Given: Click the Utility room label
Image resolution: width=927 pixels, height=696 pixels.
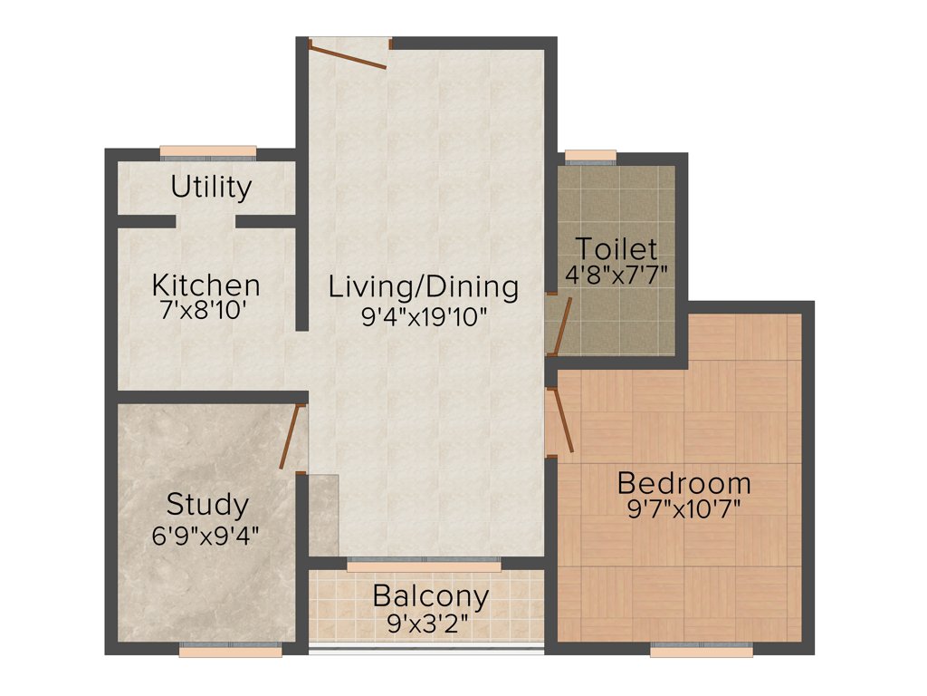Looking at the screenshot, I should coord(211,188).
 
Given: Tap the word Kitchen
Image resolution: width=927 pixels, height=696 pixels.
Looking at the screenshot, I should coord(205,285).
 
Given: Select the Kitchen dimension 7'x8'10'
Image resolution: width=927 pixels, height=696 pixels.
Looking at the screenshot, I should coord(205,311).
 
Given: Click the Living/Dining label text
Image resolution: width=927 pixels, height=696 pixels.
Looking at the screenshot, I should coord(424,287).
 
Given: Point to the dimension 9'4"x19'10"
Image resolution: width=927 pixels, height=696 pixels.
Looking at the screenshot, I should coord(424,316).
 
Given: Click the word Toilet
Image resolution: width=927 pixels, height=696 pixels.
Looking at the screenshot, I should coord(616,247).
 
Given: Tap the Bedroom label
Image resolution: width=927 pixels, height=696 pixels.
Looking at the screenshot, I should coord(683,482).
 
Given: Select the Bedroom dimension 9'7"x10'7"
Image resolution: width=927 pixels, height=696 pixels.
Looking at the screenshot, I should coord(683,508).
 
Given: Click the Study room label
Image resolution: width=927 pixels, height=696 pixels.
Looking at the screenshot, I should coord(207,504).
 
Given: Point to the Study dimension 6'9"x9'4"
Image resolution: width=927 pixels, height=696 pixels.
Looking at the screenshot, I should coord(207,534).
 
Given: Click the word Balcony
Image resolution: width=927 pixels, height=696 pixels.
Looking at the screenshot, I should coord(431,597).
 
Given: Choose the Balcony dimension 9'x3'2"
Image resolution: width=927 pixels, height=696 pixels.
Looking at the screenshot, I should coord(431,623).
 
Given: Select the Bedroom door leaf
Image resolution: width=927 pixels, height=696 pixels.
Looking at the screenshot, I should coord(562,420).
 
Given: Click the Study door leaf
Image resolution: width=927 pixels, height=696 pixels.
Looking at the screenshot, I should coord(291,437).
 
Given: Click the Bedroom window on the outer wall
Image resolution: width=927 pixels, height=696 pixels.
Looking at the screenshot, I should coord(701,650).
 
